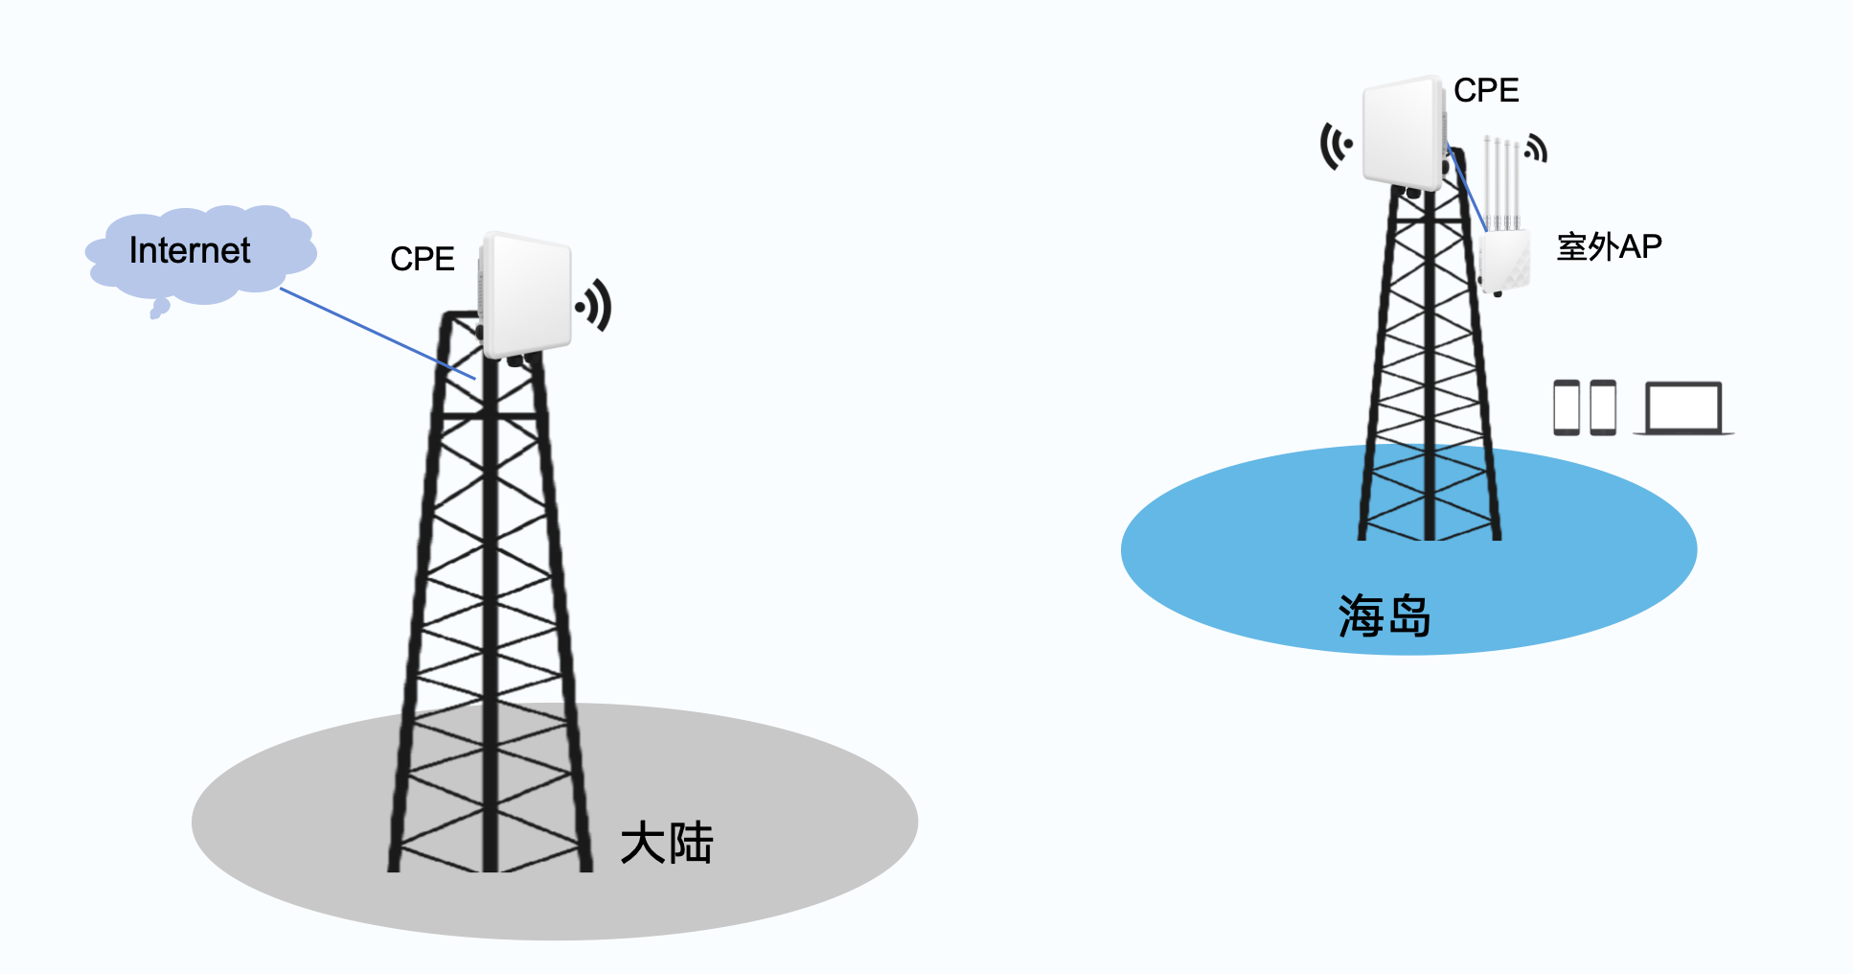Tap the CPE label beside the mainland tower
422,259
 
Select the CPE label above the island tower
1485,90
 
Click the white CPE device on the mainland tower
527,294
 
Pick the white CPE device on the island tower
1404,132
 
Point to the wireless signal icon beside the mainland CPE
595,305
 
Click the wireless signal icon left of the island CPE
1336,146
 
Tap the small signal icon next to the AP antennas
1536,149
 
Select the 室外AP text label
1609,247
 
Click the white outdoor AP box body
1504,260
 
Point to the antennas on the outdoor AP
1501,182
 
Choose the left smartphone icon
1567,407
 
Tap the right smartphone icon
1603,407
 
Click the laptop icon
1683,409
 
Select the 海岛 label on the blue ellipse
1384,615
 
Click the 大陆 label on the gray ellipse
666,844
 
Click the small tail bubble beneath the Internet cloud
159,308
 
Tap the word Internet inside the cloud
190,251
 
